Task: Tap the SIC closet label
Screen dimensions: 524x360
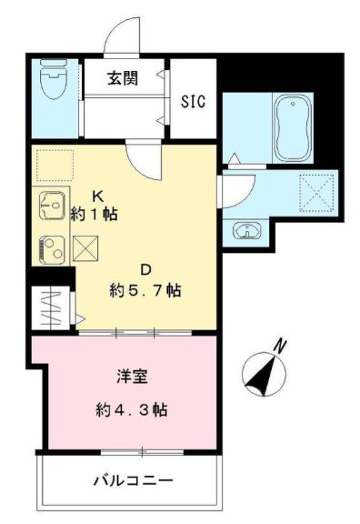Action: click(x=192, y=100)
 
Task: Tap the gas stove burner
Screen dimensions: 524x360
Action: click(x=51, y=247)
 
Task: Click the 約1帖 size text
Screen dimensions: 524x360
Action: click(x=94, y=215)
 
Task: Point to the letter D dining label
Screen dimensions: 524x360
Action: click(x=145, y=269)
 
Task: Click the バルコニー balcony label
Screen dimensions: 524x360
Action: click(x=132, y=480)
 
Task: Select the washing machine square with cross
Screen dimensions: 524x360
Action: click(x=318, y=191)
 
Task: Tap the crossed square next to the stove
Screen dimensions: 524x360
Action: click(x=85, y=247)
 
